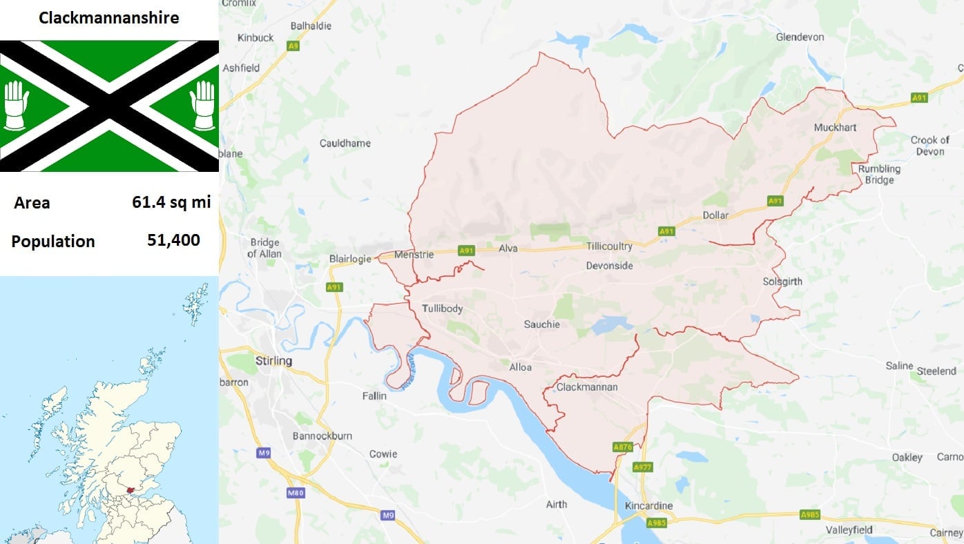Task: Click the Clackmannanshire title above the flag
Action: pyautogui.click(x=109, y=18)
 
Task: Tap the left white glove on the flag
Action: pyautogui.click(x=16, y=106)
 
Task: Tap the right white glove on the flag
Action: pyautogui.click(x=203, y=106)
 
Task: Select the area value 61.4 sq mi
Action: pyautogui.click(x=171, y=202)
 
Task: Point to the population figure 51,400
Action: pyautogui.click(x=173, y=240)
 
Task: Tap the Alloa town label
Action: pyautogui.click(x=520, y=367)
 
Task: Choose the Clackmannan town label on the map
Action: pyautogui.click(x=586, y=387)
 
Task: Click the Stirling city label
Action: pyautogui.click(x=273, y=360)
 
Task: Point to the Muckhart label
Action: pyautogui.click(x=835, y=128)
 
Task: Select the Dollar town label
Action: pyautogui.click(x=715, y=215)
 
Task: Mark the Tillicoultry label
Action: pyautogui.click(x=609, y=246)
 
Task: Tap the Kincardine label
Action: pyautogui.click(x=648, y=506)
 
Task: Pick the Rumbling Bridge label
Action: pyautogui.click(x=879, y=174)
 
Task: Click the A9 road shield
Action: pyautogui.click(x=294, y=46)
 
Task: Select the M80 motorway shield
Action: pyautogui.click(x=295, y=493)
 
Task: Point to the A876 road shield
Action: pyautogui.click(x=622, y=447)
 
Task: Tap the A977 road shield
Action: pyautogui.click(x=642, y=467)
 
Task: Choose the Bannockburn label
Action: pyautogui.click(x=322, y=436)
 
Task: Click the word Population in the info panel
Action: pyautogui.click(x=53, y=242)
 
